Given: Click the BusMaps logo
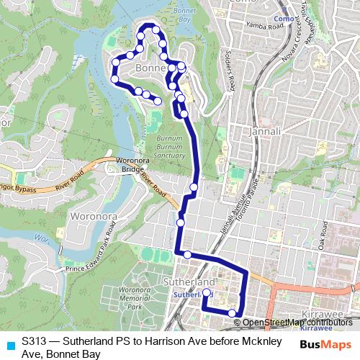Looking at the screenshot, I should pos(326,344).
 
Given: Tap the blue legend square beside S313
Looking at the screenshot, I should pos(10,344).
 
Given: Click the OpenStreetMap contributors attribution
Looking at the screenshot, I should pos(298,323).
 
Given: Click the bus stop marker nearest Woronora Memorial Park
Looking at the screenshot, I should pos(187,254).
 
